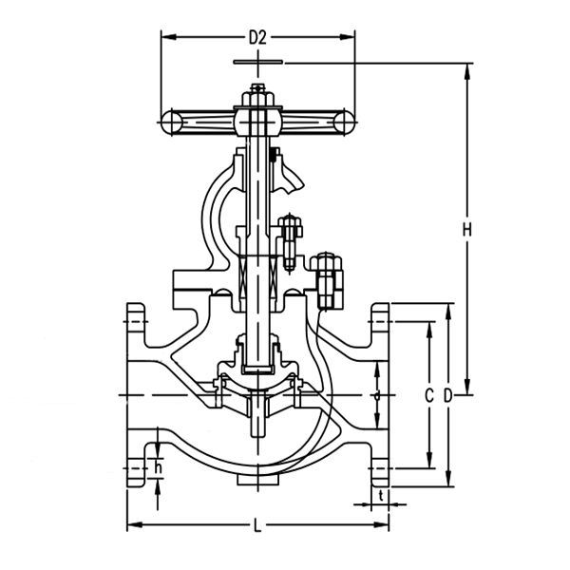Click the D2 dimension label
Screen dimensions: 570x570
257,38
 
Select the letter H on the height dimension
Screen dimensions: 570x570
466,229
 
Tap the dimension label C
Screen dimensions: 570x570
428,393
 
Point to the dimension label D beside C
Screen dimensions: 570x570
447,393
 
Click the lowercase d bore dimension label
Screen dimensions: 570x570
376,393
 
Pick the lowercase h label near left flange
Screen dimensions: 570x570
159,467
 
